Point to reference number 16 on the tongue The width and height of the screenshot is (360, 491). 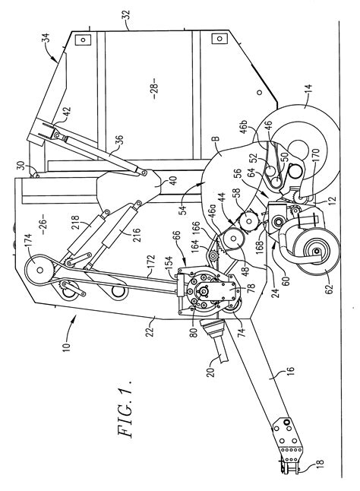pos(290,372)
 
